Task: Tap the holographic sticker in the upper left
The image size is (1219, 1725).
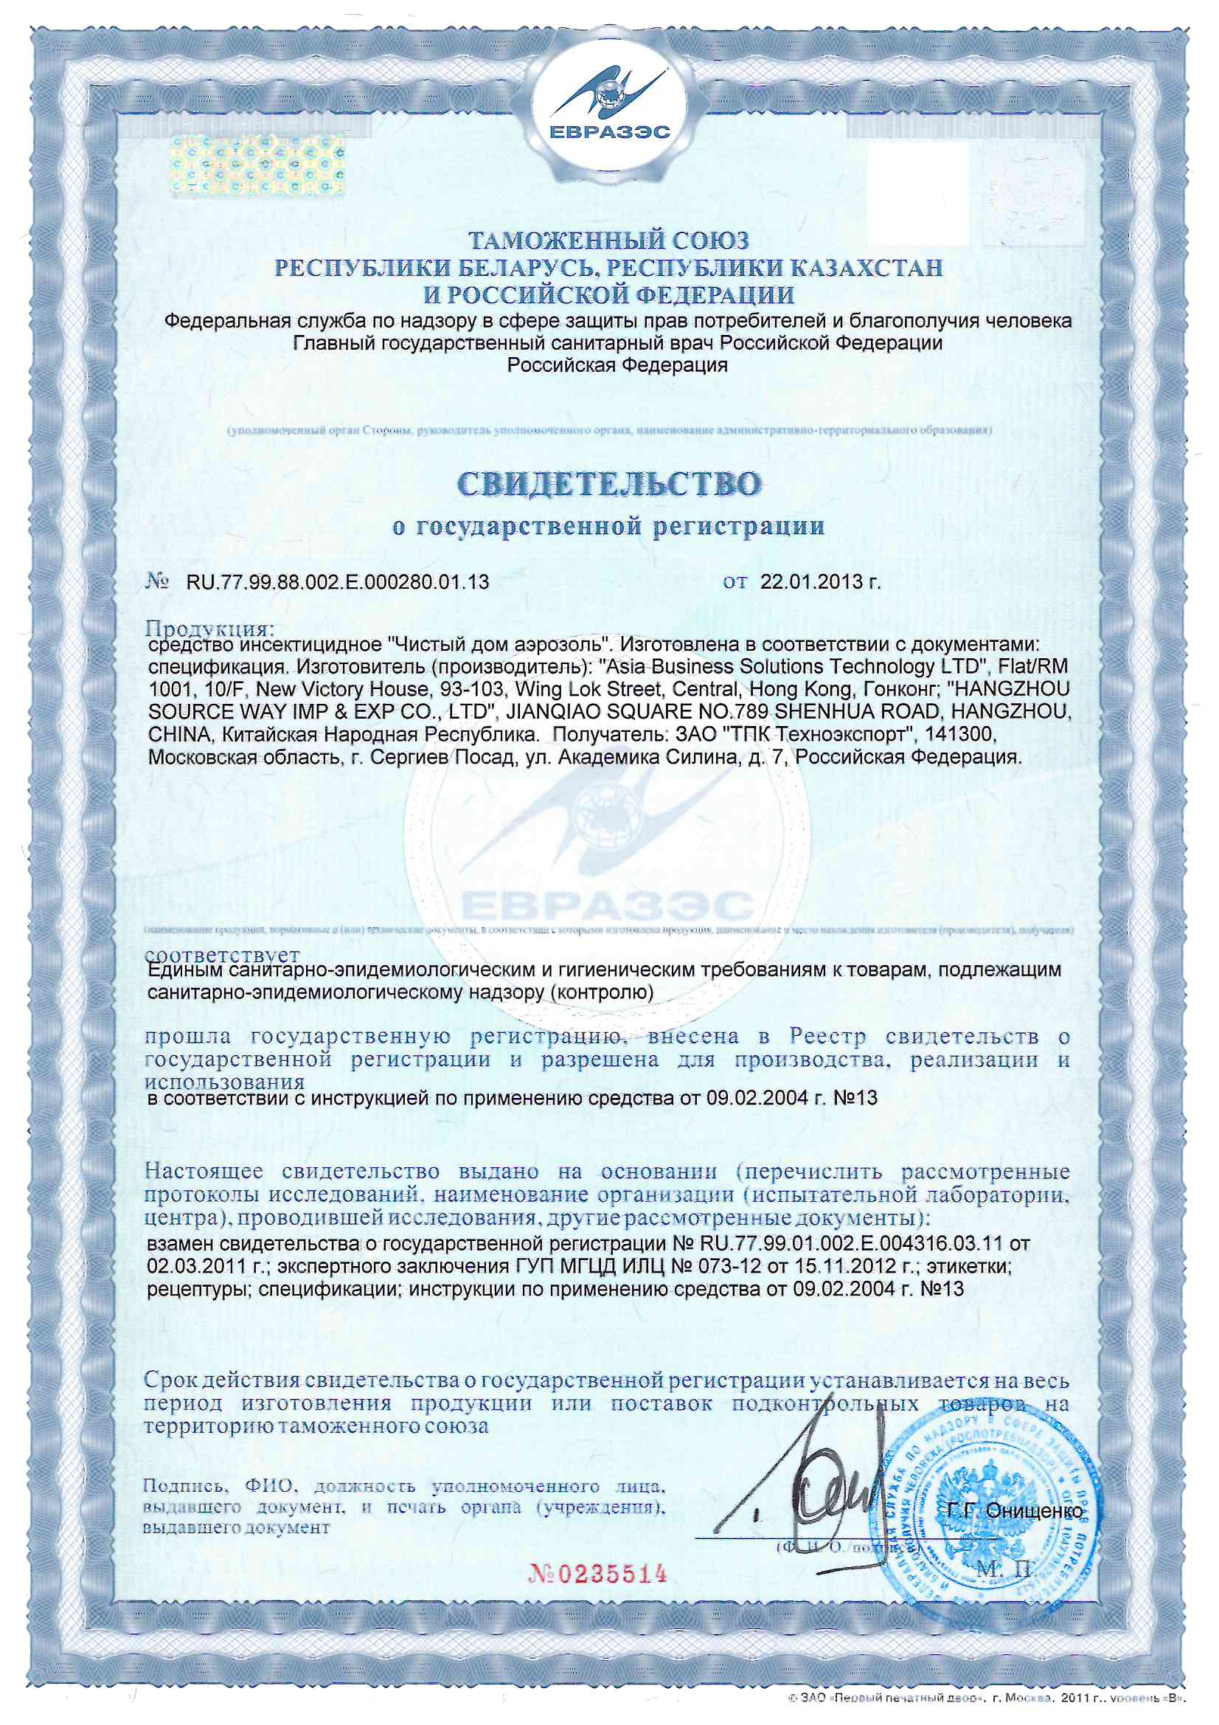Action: coord(256,170)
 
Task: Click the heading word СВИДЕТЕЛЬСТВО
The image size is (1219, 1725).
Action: coord(608,485)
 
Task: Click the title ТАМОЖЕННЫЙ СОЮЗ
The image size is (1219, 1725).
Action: coord(609,241)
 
